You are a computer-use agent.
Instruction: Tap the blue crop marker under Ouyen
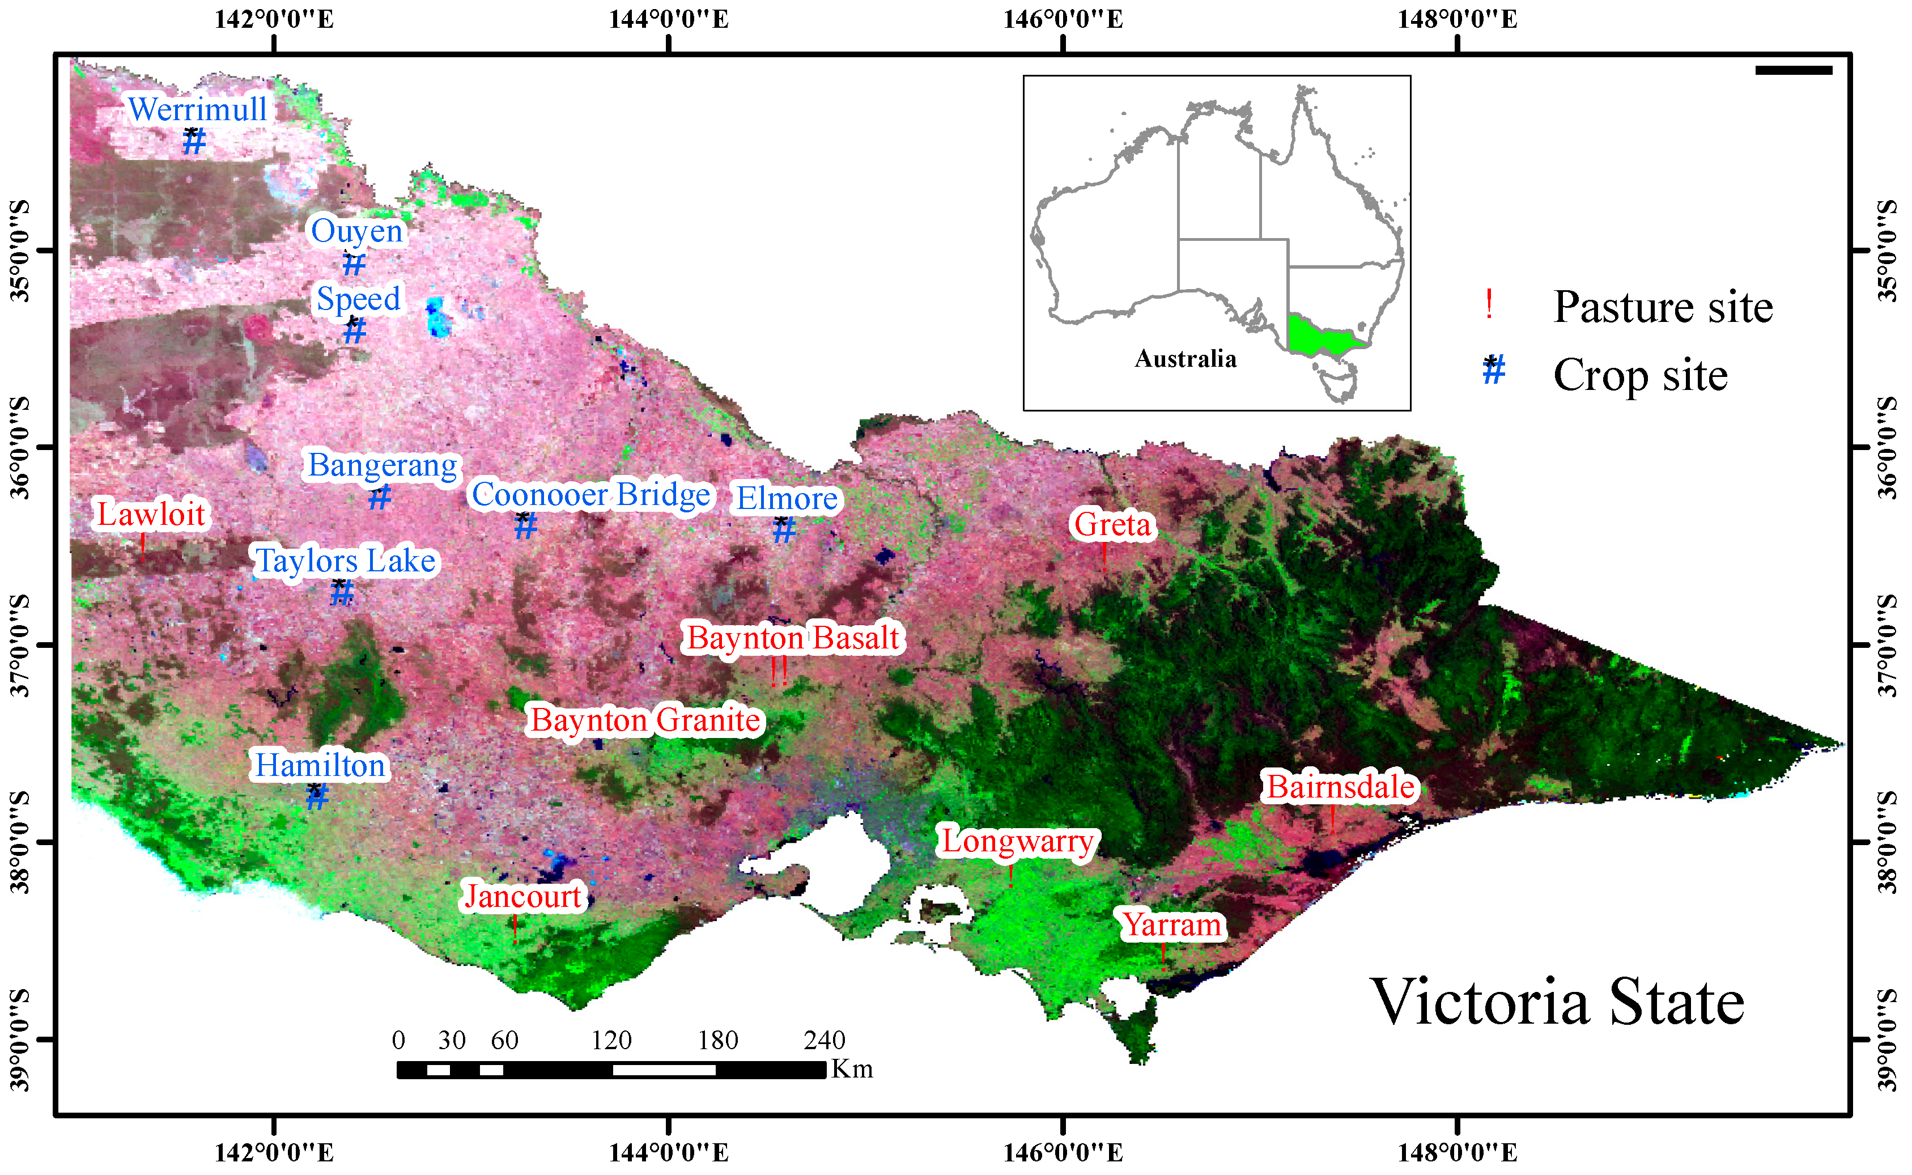(x=354, y=264)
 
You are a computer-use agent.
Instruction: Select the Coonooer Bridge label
(x=590, y=495)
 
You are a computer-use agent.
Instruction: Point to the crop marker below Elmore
(x=784, y=531)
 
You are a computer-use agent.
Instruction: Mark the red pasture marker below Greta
(x=1104, y=557)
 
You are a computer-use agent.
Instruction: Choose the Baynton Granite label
(x=645, y=720)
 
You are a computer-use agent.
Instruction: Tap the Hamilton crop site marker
(x=316, y=796)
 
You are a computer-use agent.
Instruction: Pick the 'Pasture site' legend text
(x=1663, y=307)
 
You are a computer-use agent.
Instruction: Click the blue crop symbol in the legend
(x=1493, y=371)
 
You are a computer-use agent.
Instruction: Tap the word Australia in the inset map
(x=1185, y=359)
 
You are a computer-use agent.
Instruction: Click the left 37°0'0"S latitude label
(x=20, y=645)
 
